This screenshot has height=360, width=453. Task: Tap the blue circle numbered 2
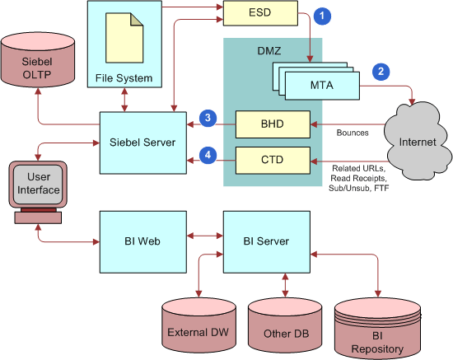point(380,71)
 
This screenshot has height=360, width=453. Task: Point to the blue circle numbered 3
point(210,119)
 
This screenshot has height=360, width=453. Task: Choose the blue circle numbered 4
point(210,154)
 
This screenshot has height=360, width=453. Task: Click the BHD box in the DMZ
point(272,125)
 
